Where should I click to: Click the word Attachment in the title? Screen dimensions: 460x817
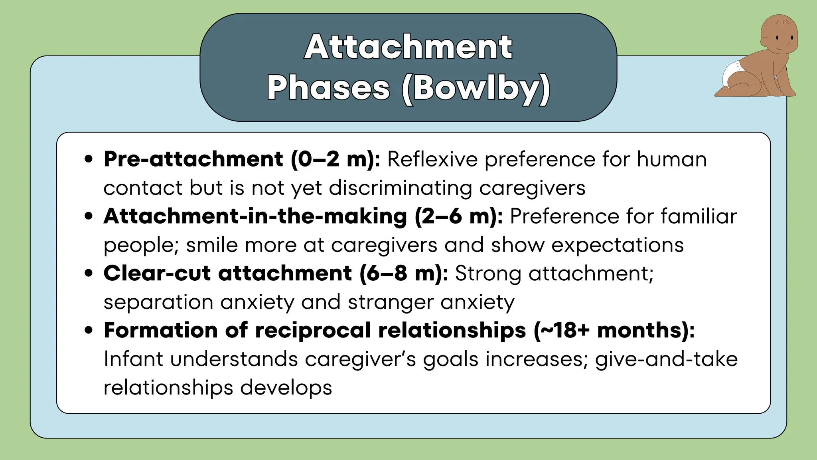tap(408, 47)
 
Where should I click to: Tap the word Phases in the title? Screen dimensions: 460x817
tap(328, 88)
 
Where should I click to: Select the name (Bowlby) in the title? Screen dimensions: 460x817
tap(476, 89)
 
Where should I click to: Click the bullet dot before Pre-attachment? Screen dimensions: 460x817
tap(89, 159)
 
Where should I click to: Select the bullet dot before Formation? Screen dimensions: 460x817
tap(89, 330)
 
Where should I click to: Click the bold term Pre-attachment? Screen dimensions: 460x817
tap(193, 159)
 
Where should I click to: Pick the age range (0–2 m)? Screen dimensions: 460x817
tap(335, 159)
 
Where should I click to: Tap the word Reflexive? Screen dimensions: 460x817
tap(432, 159)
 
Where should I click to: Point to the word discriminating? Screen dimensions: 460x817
tap(401, 188)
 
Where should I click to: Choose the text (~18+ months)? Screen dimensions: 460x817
tap(614, 330)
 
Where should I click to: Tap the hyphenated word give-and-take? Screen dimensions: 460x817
tap(666, 359)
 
